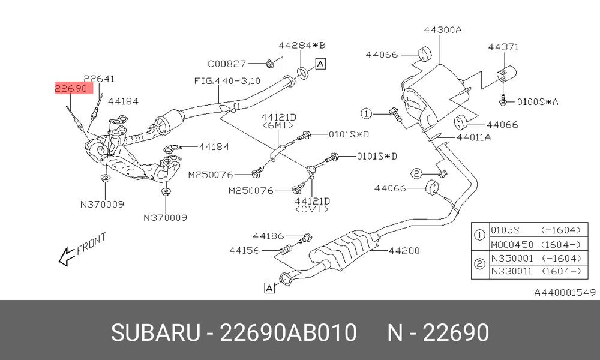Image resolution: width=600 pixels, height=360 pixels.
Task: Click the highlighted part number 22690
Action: pos(71,89)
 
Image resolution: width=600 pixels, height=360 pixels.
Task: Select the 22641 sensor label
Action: pos(99,79)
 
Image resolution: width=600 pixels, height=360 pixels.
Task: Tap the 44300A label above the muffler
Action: pos(443,30)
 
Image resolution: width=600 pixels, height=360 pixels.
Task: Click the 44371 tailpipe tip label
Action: pos(503,47)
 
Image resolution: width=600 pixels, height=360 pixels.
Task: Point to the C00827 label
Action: pos(227,64)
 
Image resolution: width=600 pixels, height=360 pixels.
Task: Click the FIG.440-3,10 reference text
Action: pos(227,81)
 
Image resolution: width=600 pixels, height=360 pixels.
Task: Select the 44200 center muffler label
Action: pos(404,251)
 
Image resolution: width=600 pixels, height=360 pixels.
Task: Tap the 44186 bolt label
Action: pos(268,236)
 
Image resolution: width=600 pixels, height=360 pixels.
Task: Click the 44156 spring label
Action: pos(245,251)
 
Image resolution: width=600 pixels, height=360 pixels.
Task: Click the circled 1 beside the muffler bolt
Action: pos(366,113)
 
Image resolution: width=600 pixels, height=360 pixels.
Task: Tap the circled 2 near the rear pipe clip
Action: pos(416,174)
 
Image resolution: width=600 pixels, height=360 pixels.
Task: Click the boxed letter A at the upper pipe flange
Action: pos(320,64)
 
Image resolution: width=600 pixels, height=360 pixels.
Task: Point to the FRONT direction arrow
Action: pos(66,256)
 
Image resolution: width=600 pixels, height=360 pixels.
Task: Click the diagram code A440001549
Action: pos(565,293)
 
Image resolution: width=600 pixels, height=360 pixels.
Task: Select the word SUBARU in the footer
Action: pos(155,332)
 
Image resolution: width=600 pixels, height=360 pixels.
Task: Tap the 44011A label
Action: pos(474,137)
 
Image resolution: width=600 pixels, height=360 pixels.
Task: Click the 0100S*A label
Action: pos(538,102)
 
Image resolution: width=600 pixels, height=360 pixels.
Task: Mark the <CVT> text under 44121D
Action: pos(312,209)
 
